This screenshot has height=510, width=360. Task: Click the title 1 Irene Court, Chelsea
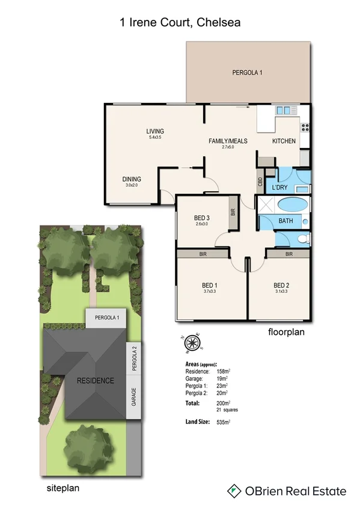coord(180,23)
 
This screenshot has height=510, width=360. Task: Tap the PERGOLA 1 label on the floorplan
coord(248,73)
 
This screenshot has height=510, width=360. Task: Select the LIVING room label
coord(155,131)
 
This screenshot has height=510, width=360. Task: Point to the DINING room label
coord(132,179)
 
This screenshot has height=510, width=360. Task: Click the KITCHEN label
coord(284,141)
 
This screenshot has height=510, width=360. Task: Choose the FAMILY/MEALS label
coord(228,141)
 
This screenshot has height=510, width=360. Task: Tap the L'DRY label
coord(281,187)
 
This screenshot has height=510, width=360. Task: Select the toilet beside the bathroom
coord(303,239)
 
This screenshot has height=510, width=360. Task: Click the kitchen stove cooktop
coord(305,127)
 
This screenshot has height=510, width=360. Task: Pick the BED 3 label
coord(201,218)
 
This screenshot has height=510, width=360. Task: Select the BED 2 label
coord(282,285)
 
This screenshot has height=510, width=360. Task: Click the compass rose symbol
coord(192,343)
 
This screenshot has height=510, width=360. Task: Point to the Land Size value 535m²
coord(224,423)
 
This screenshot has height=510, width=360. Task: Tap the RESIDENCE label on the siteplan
coord(94,381)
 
